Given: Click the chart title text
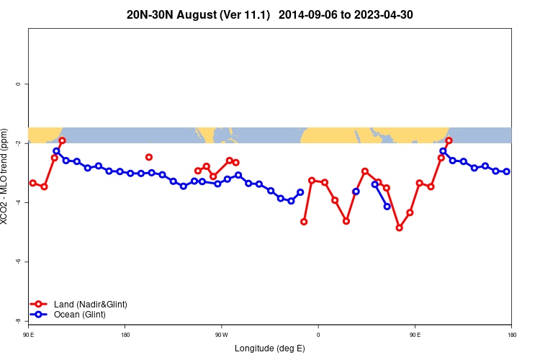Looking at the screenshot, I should (x=269, y=14).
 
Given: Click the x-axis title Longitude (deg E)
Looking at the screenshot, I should (x=269, y=348).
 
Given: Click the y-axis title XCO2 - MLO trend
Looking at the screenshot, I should (x=7, y=176).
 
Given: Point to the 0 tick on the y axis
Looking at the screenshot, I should (x=19, y=84).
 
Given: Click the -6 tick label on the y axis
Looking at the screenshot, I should (x=19, y=261).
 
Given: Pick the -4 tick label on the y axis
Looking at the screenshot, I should (x=19, y=202).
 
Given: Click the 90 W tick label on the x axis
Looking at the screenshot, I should (x=221, y=335).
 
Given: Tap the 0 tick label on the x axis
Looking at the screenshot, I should (x=318, y=335).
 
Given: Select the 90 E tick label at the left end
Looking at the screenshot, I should (x=28, y=335).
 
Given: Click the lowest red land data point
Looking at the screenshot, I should (x=399, y=228).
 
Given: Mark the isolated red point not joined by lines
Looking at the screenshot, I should (x=149, y=157).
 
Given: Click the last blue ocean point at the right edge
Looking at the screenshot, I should (x=507, y=171).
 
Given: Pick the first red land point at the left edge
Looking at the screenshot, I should (x=32, y=183).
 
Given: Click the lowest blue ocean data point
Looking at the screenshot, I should (x=387, y=207).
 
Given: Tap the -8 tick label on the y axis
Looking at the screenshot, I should (x=19, y=320).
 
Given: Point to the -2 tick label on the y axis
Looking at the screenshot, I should (x=19, y=143).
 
